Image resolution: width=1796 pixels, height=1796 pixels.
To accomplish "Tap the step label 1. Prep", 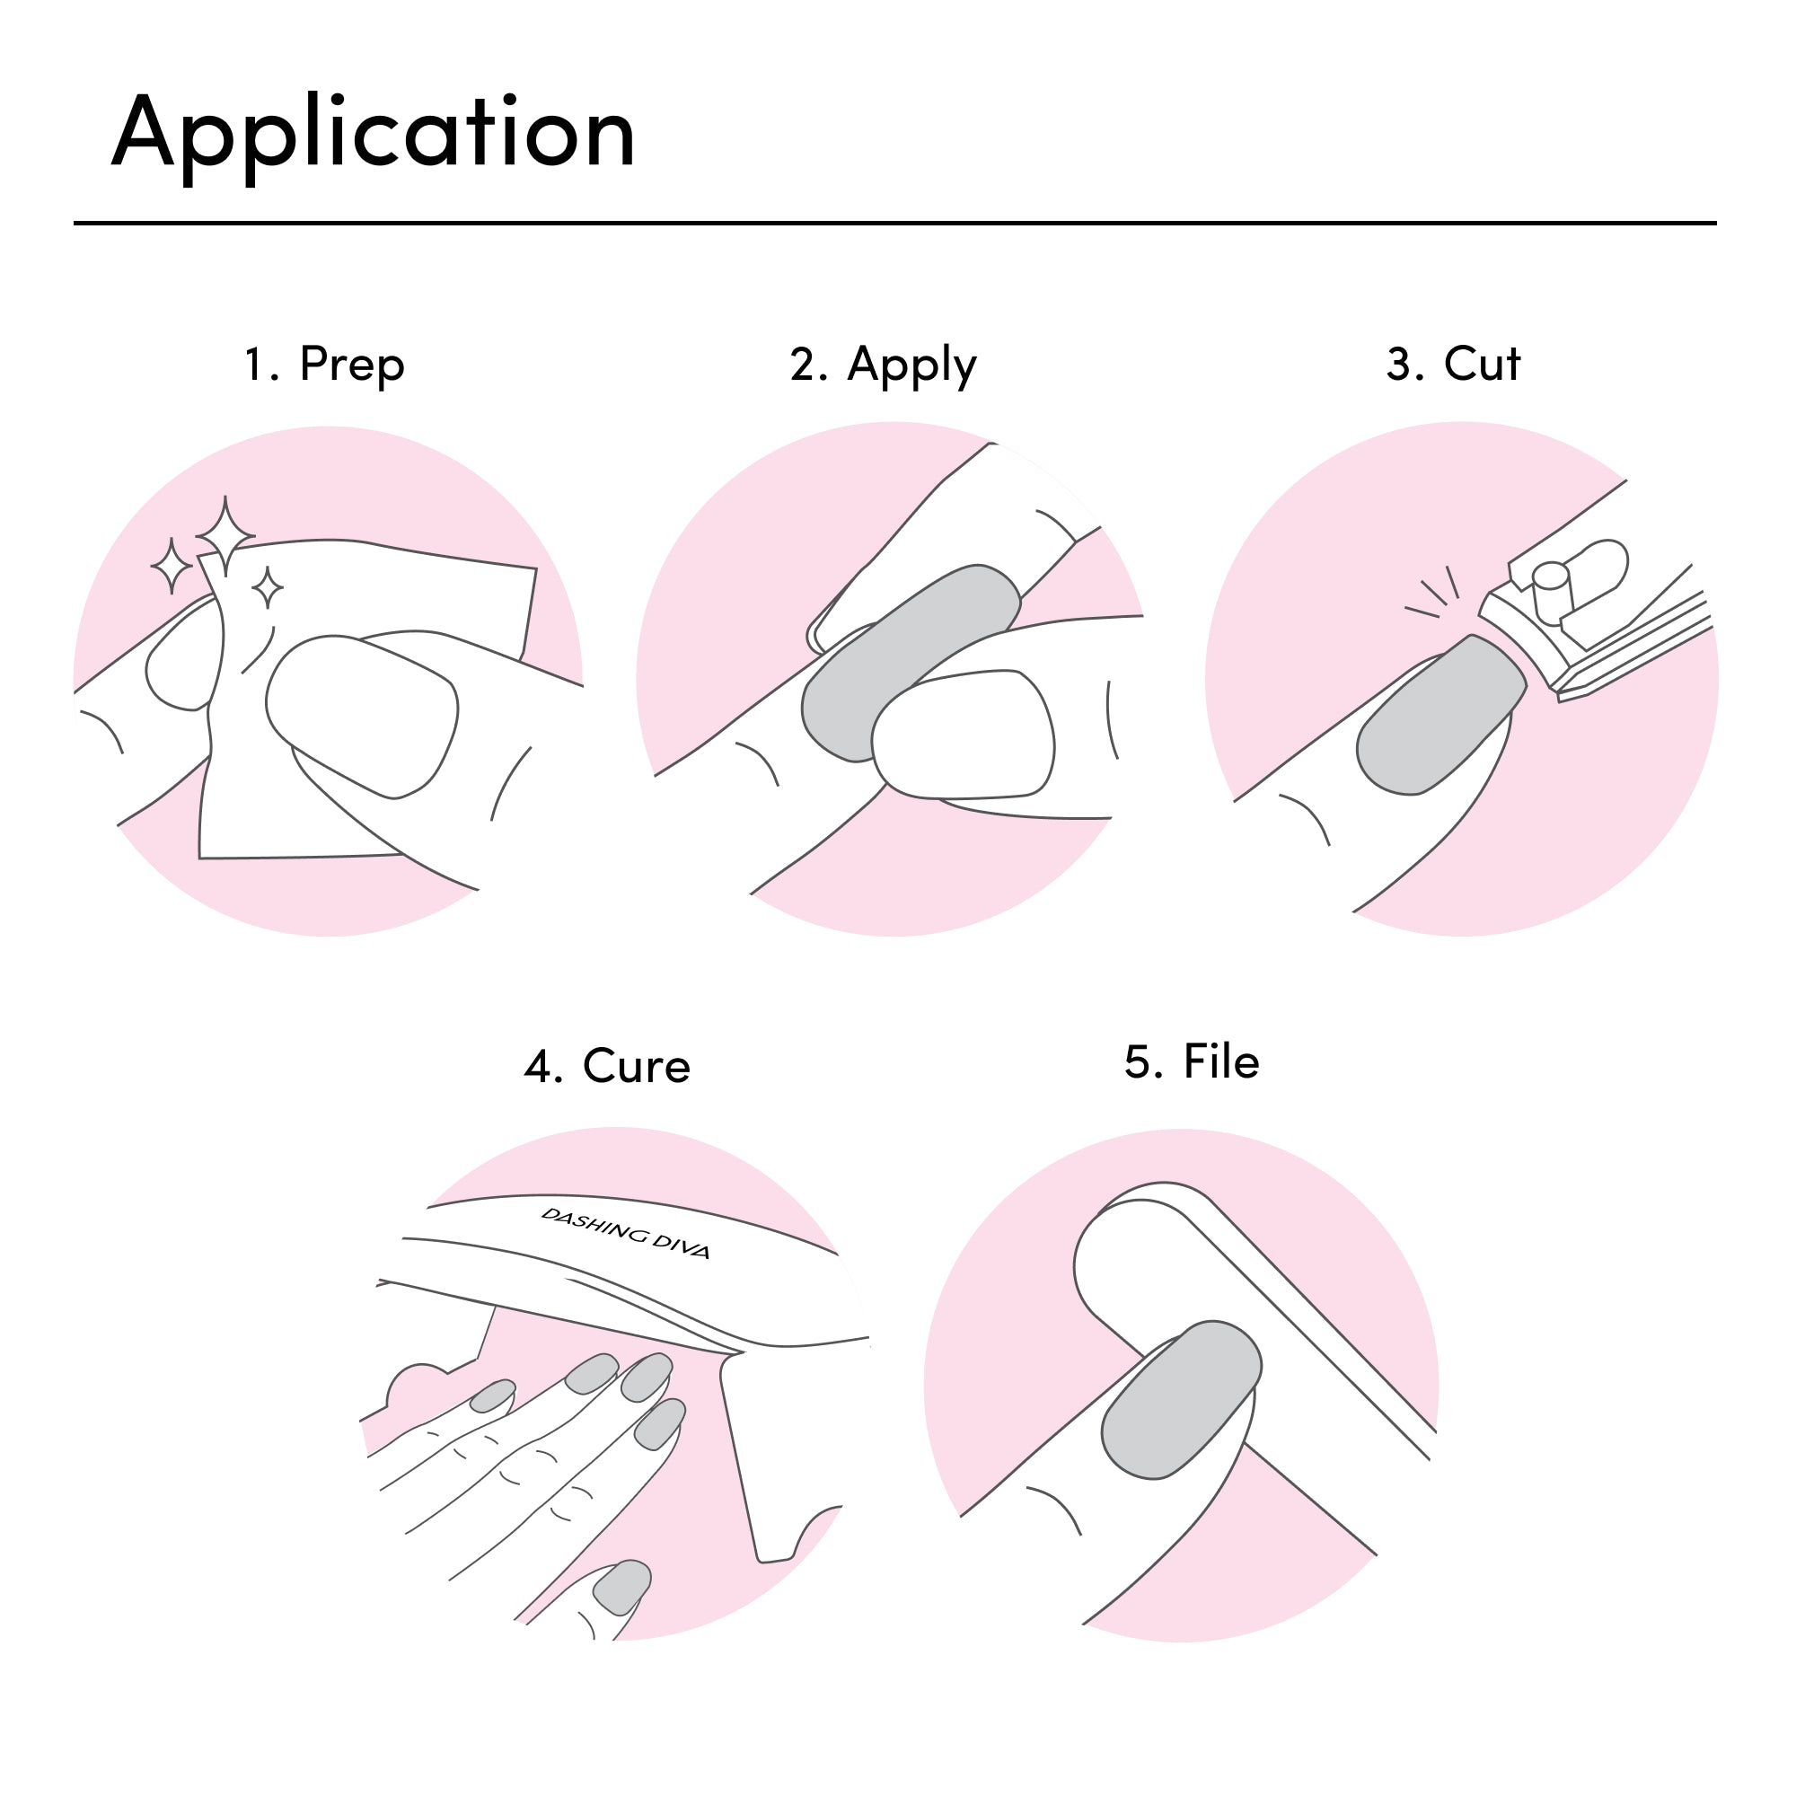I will tap(324, 364).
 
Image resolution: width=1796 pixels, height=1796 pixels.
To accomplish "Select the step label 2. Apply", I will tap(883, 365).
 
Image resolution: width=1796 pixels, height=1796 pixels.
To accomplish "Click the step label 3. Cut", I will tap(1453, 364).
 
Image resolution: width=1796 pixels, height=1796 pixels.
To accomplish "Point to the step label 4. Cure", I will tap(607, 1065).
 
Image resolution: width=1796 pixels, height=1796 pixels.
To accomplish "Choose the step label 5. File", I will tap(1192, 1061).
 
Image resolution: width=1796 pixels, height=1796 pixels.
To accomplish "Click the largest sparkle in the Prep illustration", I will tap(225, 535).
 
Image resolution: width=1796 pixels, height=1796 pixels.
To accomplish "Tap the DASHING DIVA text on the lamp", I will tap(626, 1233).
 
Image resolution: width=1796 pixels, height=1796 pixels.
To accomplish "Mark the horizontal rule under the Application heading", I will tap(894, 223).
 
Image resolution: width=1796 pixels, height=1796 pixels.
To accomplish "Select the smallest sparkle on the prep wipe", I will tap(268, 587).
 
